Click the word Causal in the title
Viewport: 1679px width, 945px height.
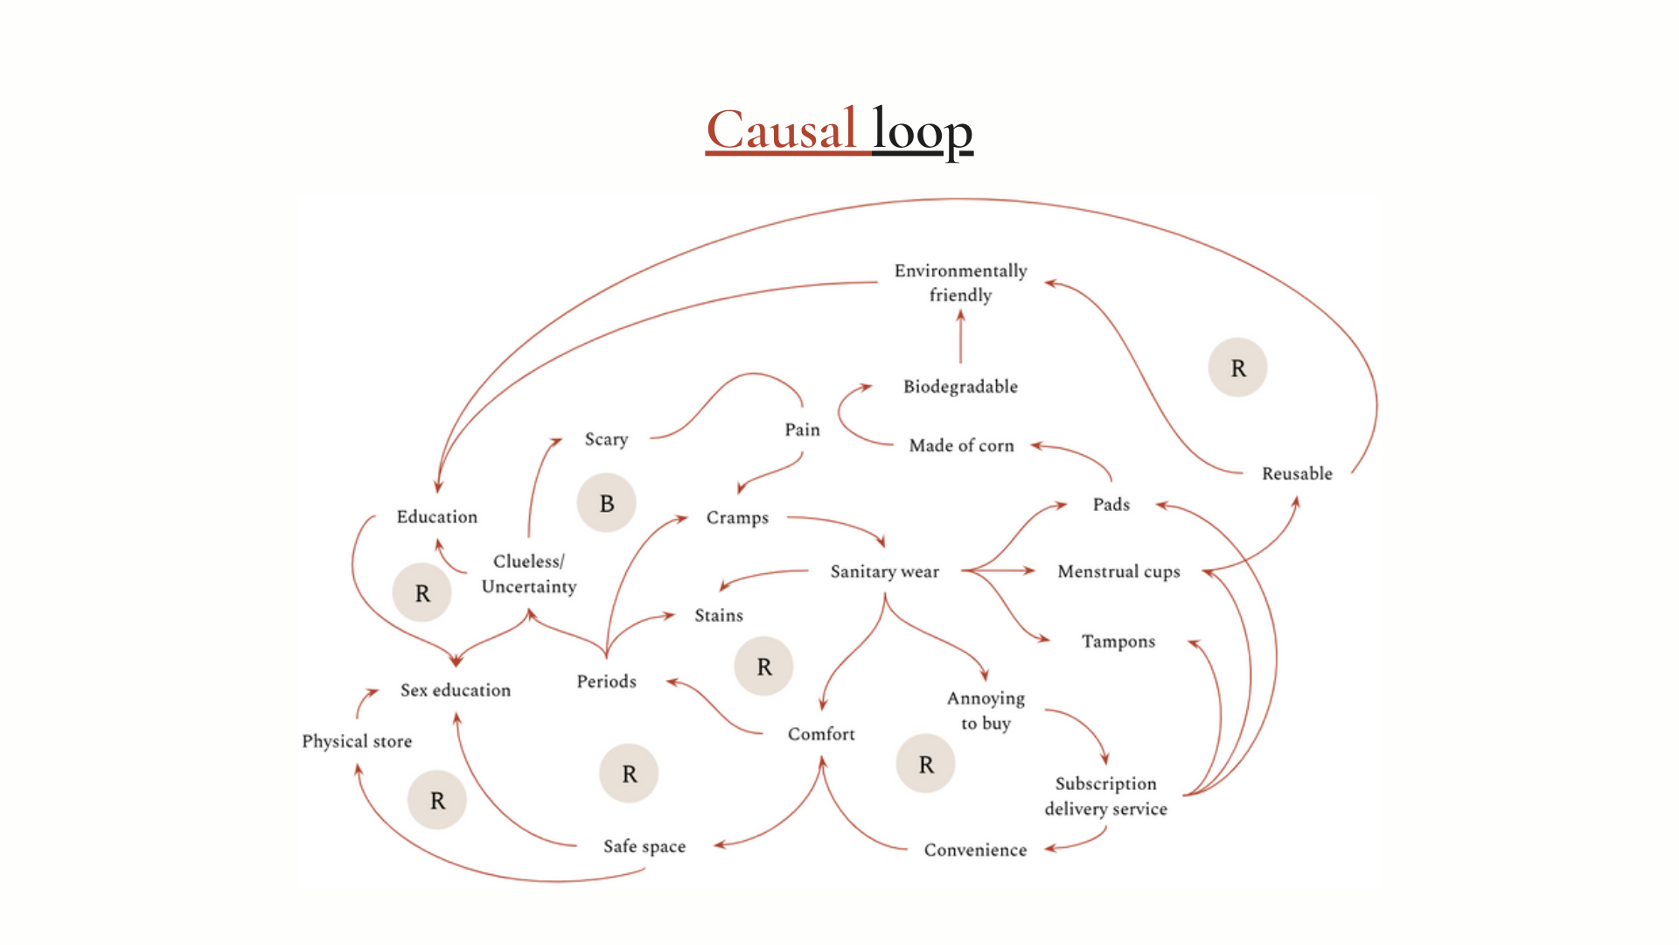(x=781, y=130)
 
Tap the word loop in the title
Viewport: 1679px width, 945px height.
(x=923, y=130)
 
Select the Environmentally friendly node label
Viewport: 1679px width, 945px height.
(x=960, y=283)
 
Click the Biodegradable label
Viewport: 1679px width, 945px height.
(x=960, y=387)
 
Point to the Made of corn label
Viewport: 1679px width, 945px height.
(x=961, y=445)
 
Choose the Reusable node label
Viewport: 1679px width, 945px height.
(x=1297, y=473)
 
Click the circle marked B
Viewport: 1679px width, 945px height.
(x=606, y=503)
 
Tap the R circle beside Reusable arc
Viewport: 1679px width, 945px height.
(x=1237, y=368)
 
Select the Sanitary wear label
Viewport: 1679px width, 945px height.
(x=884, y=571)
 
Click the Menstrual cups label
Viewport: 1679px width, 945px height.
(x=1118, y=571)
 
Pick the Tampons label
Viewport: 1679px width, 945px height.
(x=1118, y=641)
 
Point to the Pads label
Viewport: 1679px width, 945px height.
(x=1111, y=504)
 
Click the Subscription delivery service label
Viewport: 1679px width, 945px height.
(x=1105, y=796)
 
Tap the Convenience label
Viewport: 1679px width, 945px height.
(x=975, y=850)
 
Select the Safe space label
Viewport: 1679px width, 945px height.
(x=644, y=846)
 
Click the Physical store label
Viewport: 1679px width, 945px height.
(x=357, y=741)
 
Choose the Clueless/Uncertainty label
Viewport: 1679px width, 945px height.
(x=528, y=574)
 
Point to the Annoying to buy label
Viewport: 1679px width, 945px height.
(x=986, y=710)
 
